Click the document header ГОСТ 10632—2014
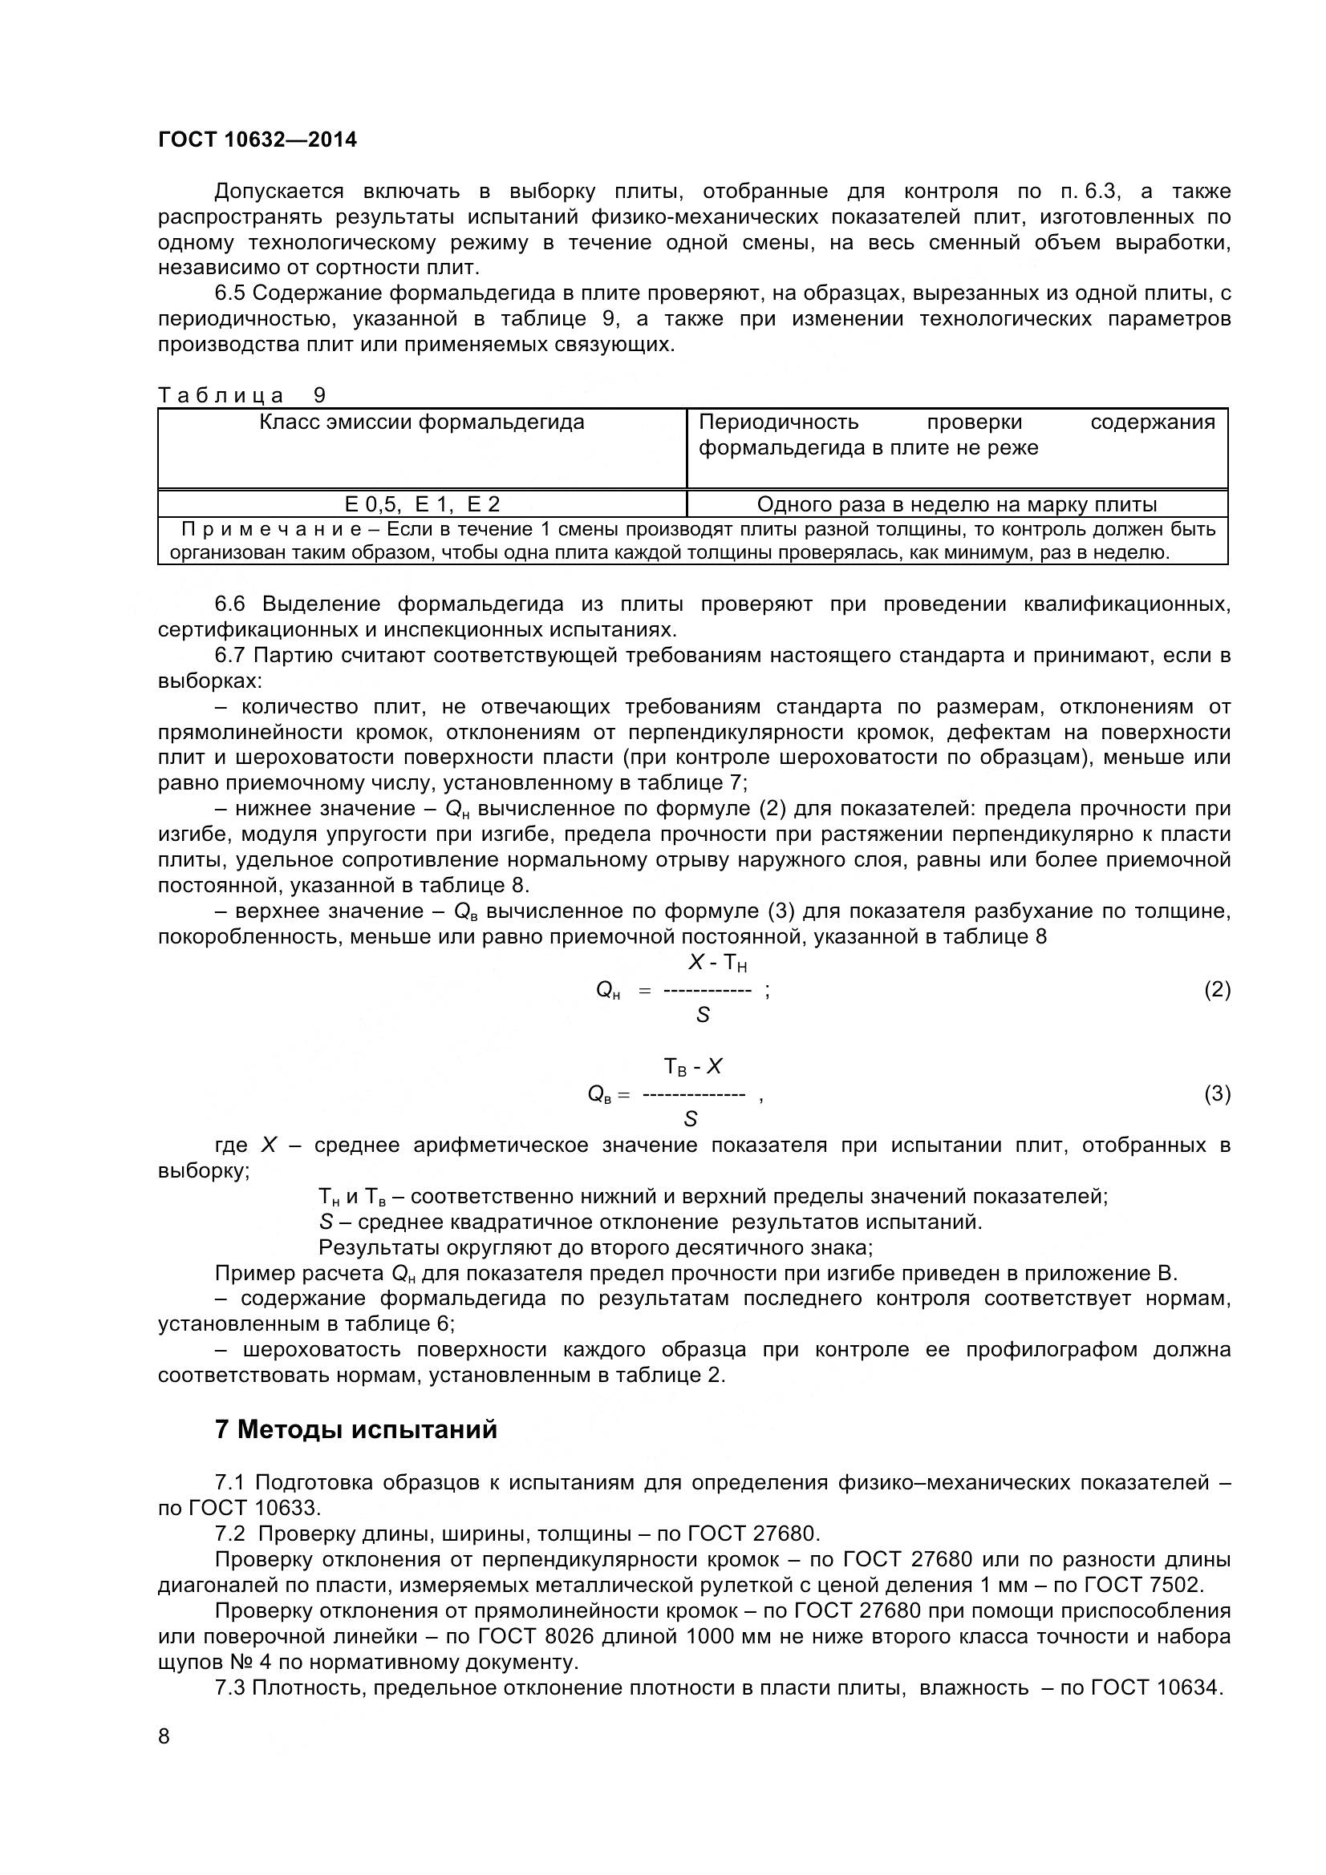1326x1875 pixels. point(257,139)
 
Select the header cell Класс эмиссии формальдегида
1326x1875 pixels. point(422,422)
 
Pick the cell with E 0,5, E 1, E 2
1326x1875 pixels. point(422,504)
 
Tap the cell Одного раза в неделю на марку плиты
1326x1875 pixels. point(957,504)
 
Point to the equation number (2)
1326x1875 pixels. point(1217,990)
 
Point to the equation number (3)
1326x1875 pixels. point(1217,1093)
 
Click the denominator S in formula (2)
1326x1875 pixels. point(703,1015)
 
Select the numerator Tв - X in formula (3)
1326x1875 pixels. point(693,1066)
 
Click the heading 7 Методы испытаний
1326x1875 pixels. point(355,1430)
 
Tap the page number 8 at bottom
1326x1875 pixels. point(164,1736)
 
